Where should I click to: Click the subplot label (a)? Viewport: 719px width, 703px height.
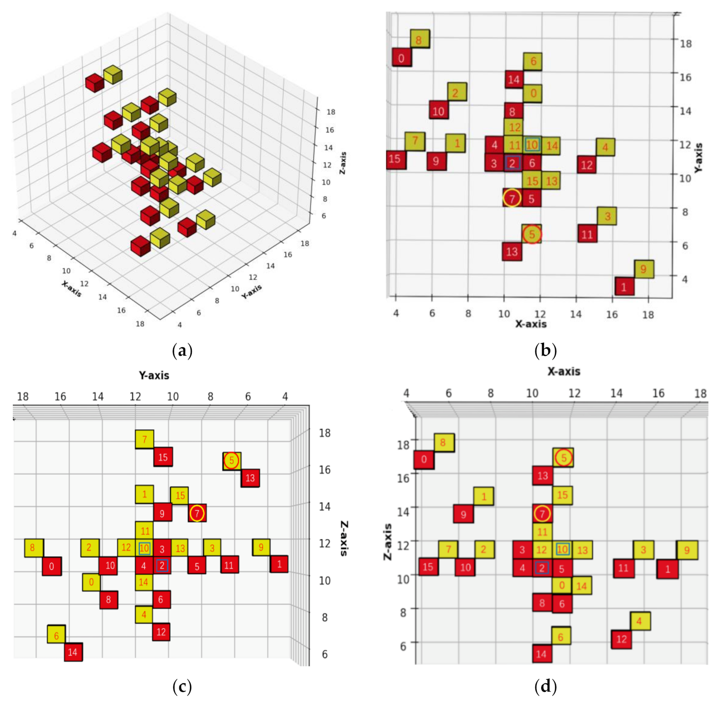pyautogui.click(x=182, y=351)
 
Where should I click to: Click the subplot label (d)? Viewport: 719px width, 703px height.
pyautogui.click(x=545, y=687)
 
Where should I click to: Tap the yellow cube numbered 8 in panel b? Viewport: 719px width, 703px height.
pyautogui.click(x=419, y=39)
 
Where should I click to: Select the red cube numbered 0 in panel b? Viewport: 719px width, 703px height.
pyautogui.click(x=402, y=58)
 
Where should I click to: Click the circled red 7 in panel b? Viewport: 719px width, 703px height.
pyautogui.click(x=512, y=198)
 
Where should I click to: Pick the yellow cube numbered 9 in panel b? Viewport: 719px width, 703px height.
pyautogui.click(x=644, y=269)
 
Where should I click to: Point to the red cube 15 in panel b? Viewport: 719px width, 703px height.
pyautogui.click(x=395, y=159)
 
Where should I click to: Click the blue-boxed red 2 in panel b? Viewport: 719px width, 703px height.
pyautogui.click(x=512, y=163)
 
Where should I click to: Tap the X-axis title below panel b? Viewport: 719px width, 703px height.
pyautogui.click(x=531, y=324)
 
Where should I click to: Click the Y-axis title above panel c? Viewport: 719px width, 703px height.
pyautogui.click(x=154, y=375)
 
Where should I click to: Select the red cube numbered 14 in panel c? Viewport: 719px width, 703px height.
pyautogui.click(x=73, y=652)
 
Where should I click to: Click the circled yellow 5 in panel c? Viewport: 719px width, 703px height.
pyautogui.click(x=232, y=461)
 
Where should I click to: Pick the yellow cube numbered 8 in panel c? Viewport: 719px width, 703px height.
pyautogui.click(x=33, y=548)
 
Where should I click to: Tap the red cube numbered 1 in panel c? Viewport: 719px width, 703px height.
pyautogui.click(x=279, y=564)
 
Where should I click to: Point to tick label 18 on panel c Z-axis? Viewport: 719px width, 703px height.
pyautogui.click(x=325, y=433)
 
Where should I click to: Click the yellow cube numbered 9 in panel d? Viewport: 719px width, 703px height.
pyautogui.click(x=687, y=550)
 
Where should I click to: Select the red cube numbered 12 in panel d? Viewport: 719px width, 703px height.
pyautogui.click(x=621, y=639)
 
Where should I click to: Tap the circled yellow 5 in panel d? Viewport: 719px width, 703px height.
pyautogui.click(x=564, y=457)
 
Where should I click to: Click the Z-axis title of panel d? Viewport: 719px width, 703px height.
pyautogui.click(x=387, y=542)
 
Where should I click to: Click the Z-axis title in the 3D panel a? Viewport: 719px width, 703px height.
pyautogui.click(x=343, y=163)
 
